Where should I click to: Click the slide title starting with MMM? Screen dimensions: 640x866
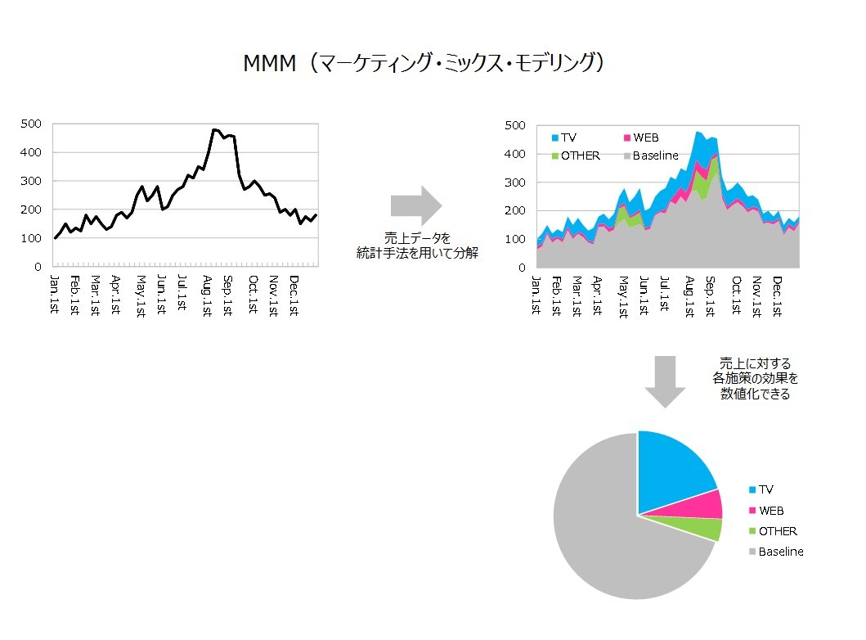point(424,64)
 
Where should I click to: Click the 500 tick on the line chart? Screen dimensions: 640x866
point(32,124)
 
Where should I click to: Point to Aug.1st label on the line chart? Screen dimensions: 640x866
point(208,295)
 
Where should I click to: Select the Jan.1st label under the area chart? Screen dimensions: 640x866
point(536,295)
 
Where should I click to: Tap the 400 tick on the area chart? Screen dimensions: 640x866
point(514,154)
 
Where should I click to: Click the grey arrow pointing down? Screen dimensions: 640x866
point(664,381)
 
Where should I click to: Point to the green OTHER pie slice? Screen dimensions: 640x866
point(704,530)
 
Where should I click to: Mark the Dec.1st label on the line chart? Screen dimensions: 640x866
point(293,295)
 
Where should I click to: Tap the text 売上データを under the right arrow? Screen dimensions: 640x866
point(417,238)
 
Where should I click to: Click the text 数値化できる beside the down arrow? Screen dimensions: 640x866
point(755,394)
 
